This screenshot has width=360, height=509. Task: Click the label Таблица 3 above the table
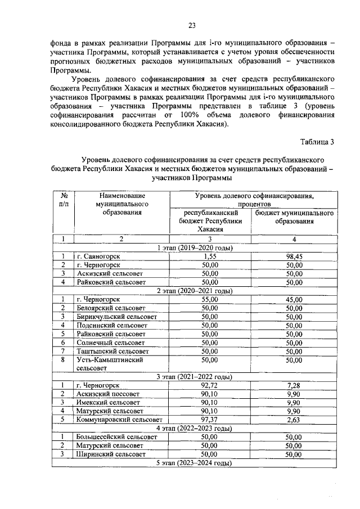(317, 141)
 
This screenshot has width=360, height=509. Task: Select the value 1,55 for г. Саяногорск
(209, 256)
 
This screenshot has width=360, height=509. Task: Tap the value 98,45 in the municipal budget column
(294, 256)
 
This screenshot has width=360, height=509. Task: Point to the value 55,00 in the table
(209, 300)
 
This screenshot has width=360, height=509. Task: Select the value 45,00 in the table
(294, 300)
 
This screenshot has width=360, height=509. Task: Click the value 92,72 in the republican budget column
(209, 385)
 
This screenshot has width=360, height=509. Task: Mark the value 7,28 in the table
(294, 385)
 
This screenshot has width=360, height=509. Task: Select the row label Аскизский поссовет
(107, 394)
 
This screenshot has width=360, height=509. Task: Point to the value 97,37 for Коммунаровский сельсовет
(209, 420)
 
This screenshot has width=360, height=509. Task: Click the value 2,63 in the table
(294, 420)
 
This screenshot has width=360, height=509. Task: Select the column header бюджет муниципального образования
(294, 217)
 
